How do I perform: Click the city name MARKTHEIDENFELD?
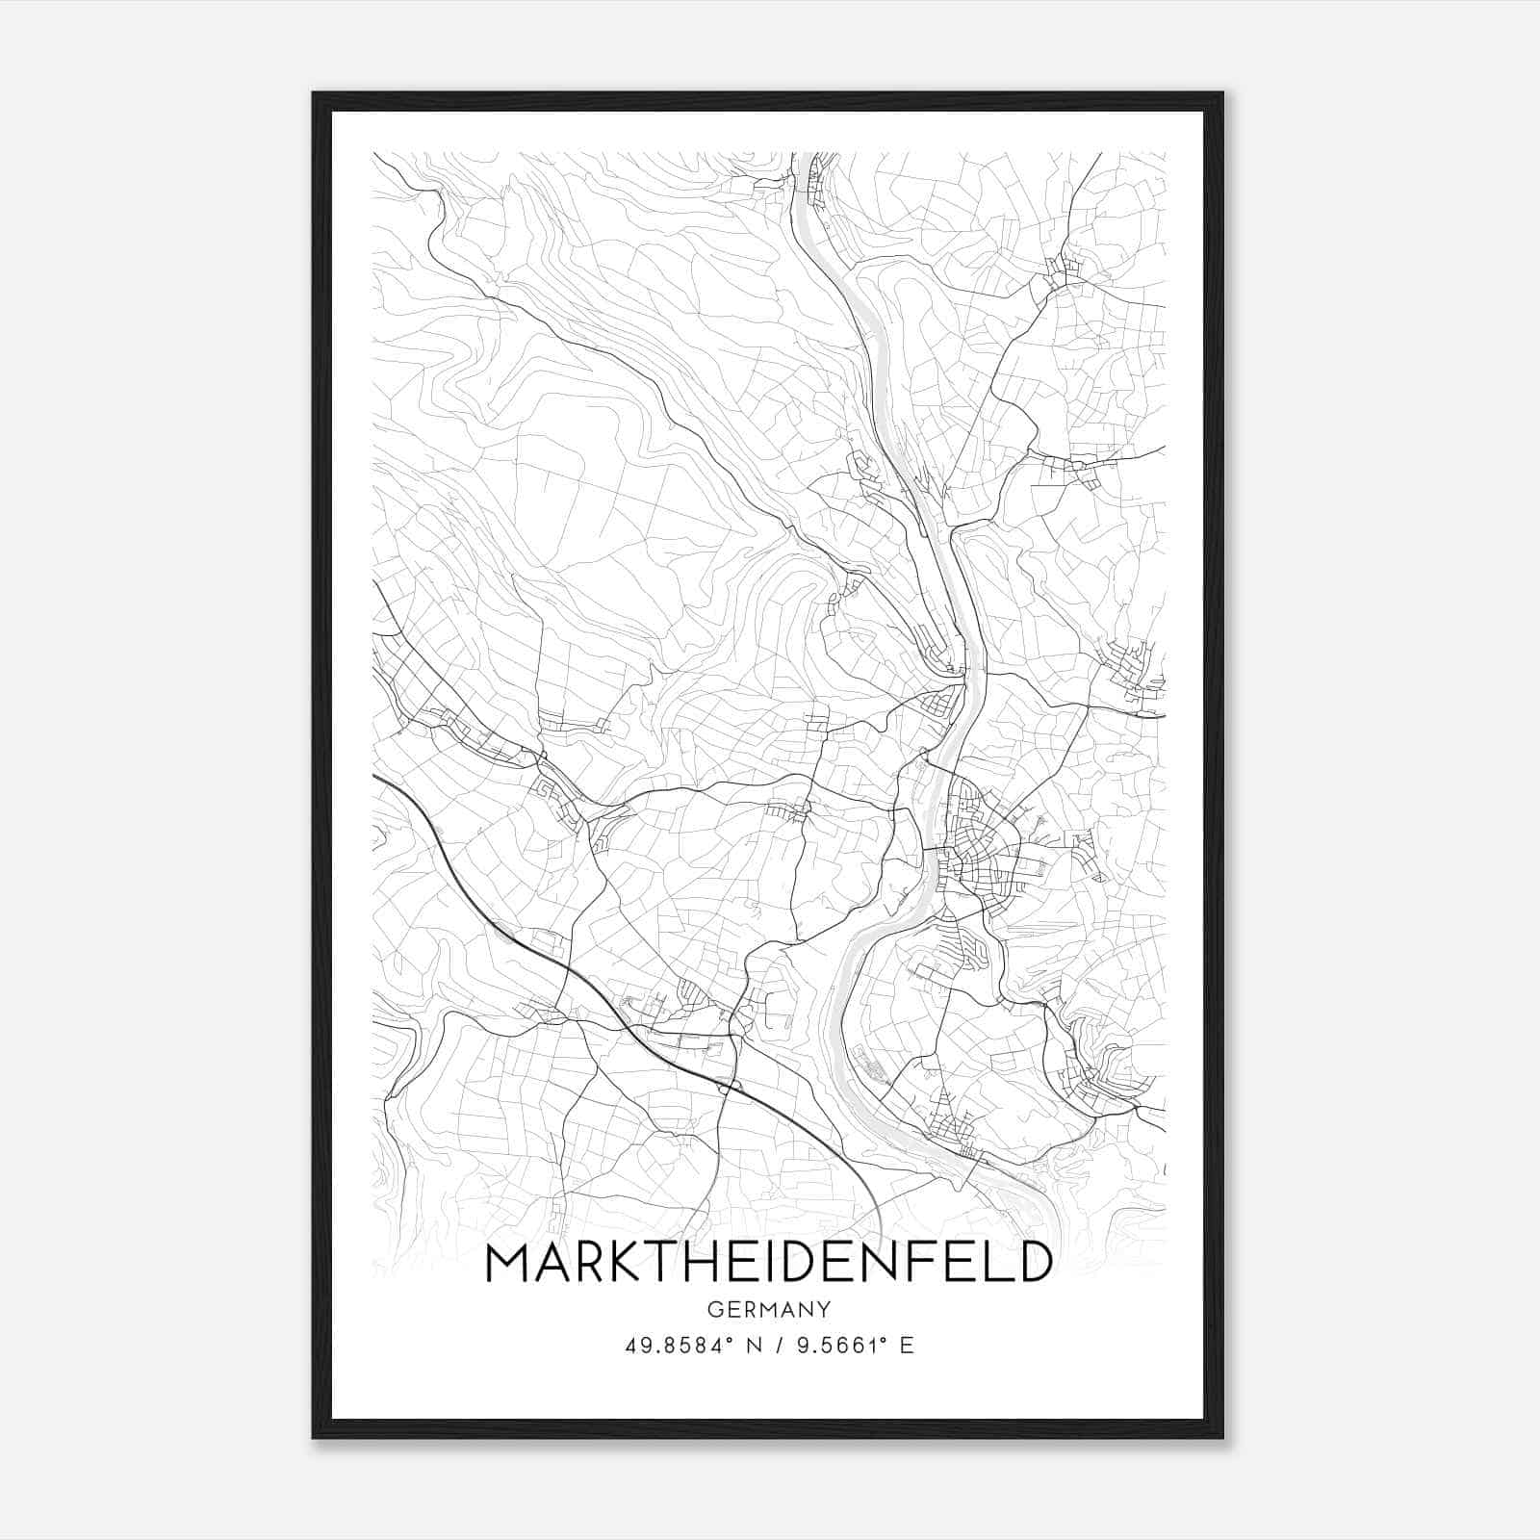coord(768,1263)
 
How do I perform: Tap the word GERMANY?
coord(768,1309)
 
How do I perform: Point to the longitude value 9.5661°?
coord(838,1346)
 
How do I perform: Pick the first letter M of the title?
coord(510,1263)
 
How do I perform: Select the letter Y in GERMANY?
coord(823,1309)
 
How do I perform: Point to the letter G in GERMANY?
coord(713,1309)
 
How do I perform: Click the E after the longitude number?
coord(905,1346)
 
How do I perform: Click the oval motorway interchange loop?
coord(729,1087)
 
